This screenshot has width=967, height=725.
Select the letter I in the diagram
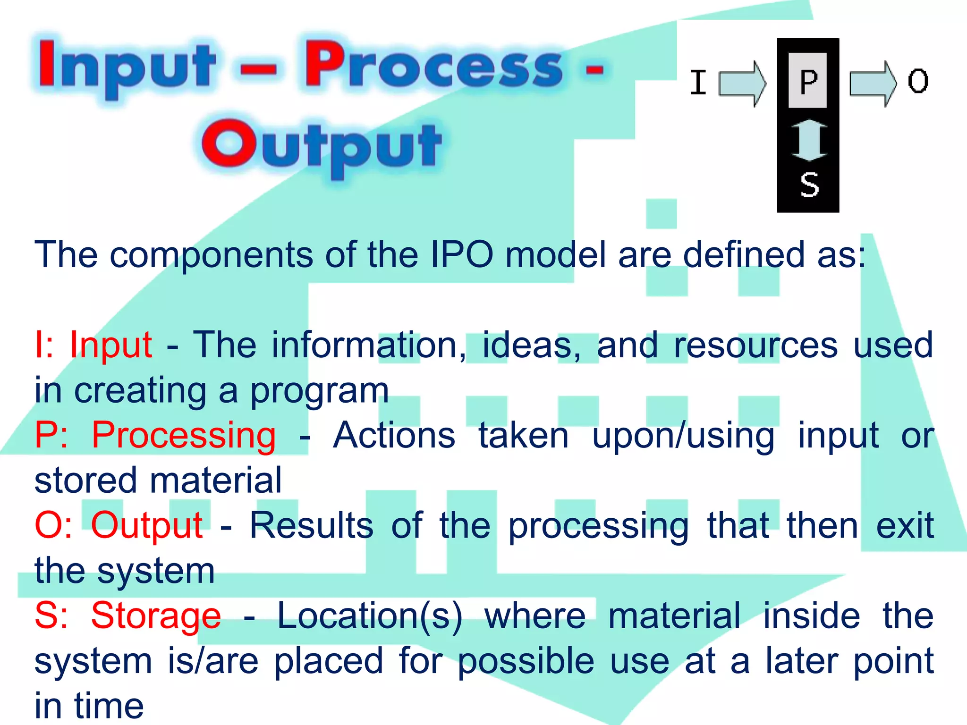pyautogui.click(x=698, y=83)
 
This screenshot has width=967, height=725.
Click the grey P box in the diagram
pyautogui.click(x=808, y=81)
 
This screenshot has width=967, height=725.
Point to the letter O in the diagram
pyautogui.click(x=918, y=81)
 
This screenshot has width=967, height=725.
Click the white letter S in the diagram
pyautogui.click(x=809, y=185)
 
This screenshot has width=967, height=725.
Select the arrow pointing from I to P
pyautogui.click(x=742, y=84)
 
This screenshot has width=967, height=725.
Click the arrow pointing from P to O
pyautogui.click(x=873, y=84)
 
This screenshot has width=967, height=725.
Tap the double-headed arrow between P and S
pyautogui.click(x=809, y=140)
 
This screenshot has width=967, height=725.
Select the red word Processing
pyautogui.click(x=183, y=435)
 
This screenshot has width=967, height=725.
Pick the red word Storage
pyautogui.click(x=156, y=616)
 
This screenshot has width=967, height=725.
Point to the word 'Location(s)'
pyautogui.click(x=370, y=616)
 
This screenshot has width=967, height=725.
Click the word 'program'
pyautogui.click(x=319, y=391)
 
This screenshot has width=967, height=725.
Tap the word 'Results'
pyautogui.click(x=312, y=526)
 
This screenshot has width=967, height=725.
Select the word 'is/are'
pyautogui.click(x=213, y=661)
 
